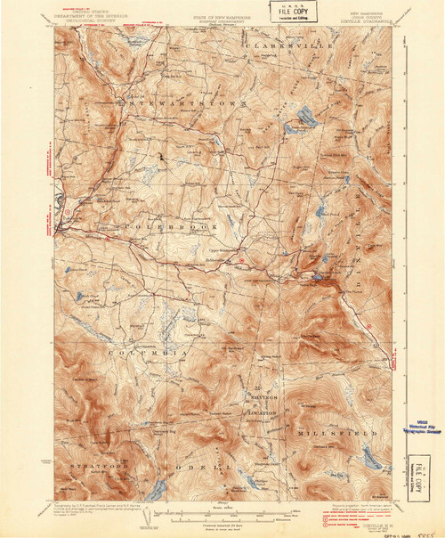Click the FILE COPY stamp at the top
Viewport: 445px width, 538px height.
pyautogui.click(x=290, y=12)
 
